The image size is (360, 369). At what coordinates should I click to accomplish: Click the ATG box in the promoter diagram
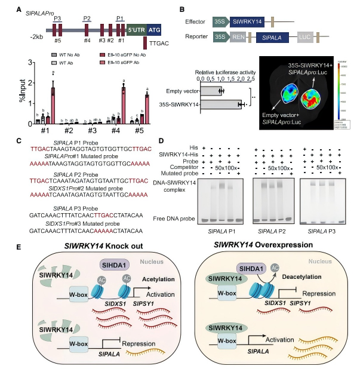pos(154,29)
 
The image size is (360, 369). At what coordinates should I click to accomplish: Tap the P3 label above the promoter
pos(58,19)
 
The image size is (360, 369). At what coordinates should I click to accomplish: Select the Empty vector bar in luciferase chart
pos(211,91)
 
